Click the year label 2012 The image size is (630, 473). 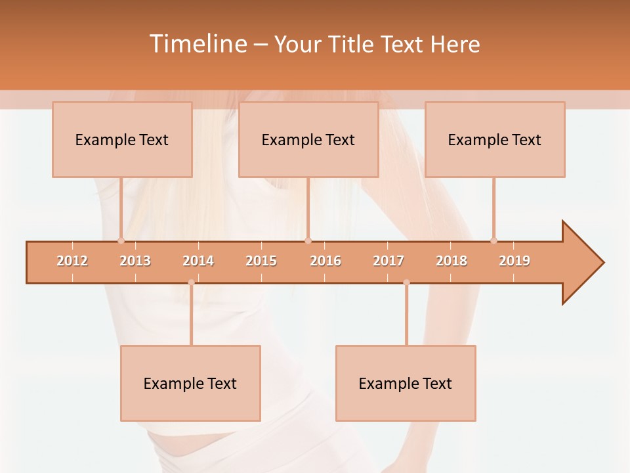click(72, 261)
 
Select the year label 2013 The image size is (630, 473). click(135, 261)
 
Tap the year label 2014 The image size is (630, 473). click(198, 261)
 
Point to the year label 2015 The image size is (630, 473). click(261, 261)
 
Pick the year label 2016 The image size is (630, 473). click(325, 261)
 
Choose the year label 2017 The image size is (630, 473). click(388, 261)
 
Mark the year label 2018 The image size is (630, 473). click(451, 261)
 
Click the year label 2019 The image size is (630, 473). click(514, 261)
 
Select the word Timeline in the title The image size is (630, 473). click(197, 44)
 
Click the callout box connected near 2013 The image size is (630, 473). click(122, 139)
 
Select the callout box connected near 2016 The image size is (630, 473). click(308, 139)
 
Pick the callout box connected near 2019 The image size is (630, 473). click(495, 139)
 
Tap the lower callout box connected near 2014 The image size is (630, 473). click(190, 383)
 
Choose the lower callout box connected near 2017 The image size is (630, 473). click(406, 383)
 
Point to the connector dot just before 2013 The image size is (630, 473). click(121, 240)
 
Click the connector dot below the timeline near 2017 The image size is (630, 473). click(406, 282)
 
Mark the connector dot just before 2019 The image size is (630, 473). click(493, 240)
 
